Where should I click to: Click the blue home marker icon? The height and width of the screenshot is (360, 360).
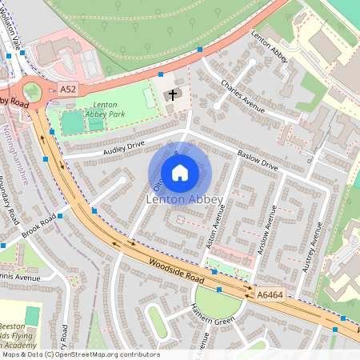click(x=180, y=172)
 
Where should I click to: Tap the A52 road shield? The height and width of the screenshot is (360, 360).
click(x=69, y=91)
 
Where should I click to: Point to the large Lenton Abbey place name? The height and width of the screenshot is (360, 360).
click(x=180, y=198)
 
